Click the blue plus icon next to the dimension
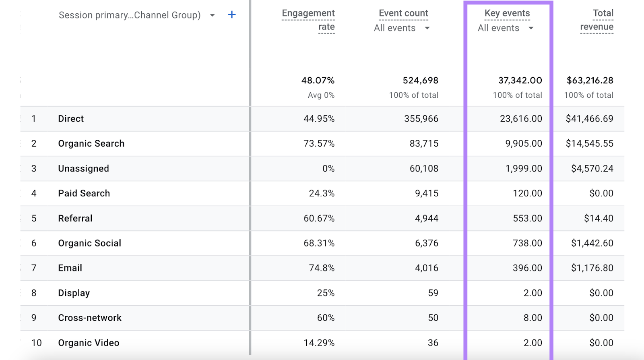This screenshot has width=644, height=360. click(232, 15)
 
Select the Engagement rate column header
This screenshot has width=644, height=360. click(308, 20)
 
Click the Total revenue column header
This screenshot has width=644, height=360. click(597, 20)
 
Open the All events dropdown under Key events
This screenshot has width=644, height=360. click(506, 28)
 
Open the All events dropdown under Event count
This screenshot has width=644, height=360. click(402, 28)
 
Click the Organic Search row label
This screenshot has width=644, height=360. click(91, 144)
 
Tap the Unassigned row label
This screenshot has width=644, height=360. click(84, 169)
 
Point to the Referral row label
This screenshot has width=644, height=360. click(75, 218)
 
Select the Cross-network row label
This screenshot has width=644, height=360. click(90, 318)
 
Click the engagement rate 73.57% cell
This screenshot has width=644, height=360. click(319, 144)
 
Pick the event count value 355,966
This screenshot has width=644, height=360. click(421, 119)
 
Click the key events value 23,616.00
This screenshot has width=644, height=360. click(521, 119)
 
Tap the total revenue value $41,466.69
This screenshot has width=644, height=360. click(590, 119)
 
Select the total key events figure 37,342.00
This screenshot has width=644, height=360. click(520, 81)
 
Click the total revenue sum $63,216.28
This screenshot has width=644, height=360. click(590, 81)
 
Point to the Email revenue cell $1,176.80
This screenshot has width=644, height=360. click(592, 268)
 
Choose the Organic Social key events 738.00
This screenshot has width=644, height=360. click(527, 243)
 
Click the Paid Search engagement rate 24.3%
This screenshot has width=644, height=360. click(322, 194)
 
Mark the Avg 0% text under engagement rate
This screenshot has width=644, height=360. click(321, 95)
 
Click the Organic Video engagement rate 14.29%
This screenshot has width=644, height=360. click(319, 343)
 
